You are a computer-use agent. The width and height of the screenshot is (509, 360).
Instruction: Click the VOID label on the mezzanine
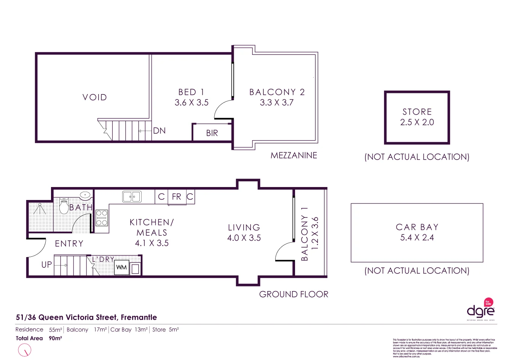point(95,98)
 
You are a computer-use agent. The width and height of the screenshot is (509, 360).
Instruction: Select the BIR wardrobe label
point(212,133)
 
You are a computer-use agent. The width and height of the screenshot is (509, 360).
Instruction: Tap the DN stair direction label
point(159,131)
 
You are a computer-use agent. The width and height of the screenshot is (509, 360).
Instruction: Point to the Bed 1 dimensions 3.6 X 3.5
point(191,102)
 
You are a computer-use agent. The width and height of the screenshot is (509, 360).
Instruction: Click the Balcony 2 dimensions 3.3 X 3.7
point(277,102)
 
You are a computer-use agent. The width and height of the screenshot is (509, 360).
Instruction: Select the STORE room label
point(417,112)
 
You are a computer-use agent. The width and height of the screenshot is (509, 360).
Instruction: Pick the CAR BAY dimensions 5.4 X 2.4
point(417,238)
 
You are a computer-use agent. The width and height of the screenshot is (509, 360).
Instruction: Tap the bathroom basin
point(85,195)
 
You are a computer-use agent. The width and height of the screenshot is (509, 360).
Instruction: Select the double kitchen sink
point(132,197)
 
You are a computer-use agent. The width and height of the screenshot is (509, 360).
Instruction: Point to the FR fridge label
point(177,197)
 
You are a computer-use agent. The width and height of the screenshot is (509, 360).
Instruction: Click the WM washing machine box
point(121,267)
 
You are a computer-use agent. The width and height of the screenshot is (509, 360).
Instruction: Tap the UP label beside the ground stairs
point(46,264)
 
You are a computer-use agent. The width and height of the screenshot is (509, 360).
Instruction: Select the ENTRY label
point(69,244)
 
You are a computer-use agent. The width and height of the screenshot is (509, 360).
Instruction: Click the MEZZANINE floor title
point(294,155)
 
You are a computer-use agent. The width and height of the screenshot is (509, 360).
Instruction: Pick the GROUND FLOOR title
point(294,294)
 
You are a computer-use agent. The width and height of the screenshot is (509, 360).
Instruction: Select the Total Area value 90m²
point(56,338)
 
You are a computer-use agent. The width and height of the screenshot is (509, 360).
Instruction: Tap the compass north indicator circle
point(25,350)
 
